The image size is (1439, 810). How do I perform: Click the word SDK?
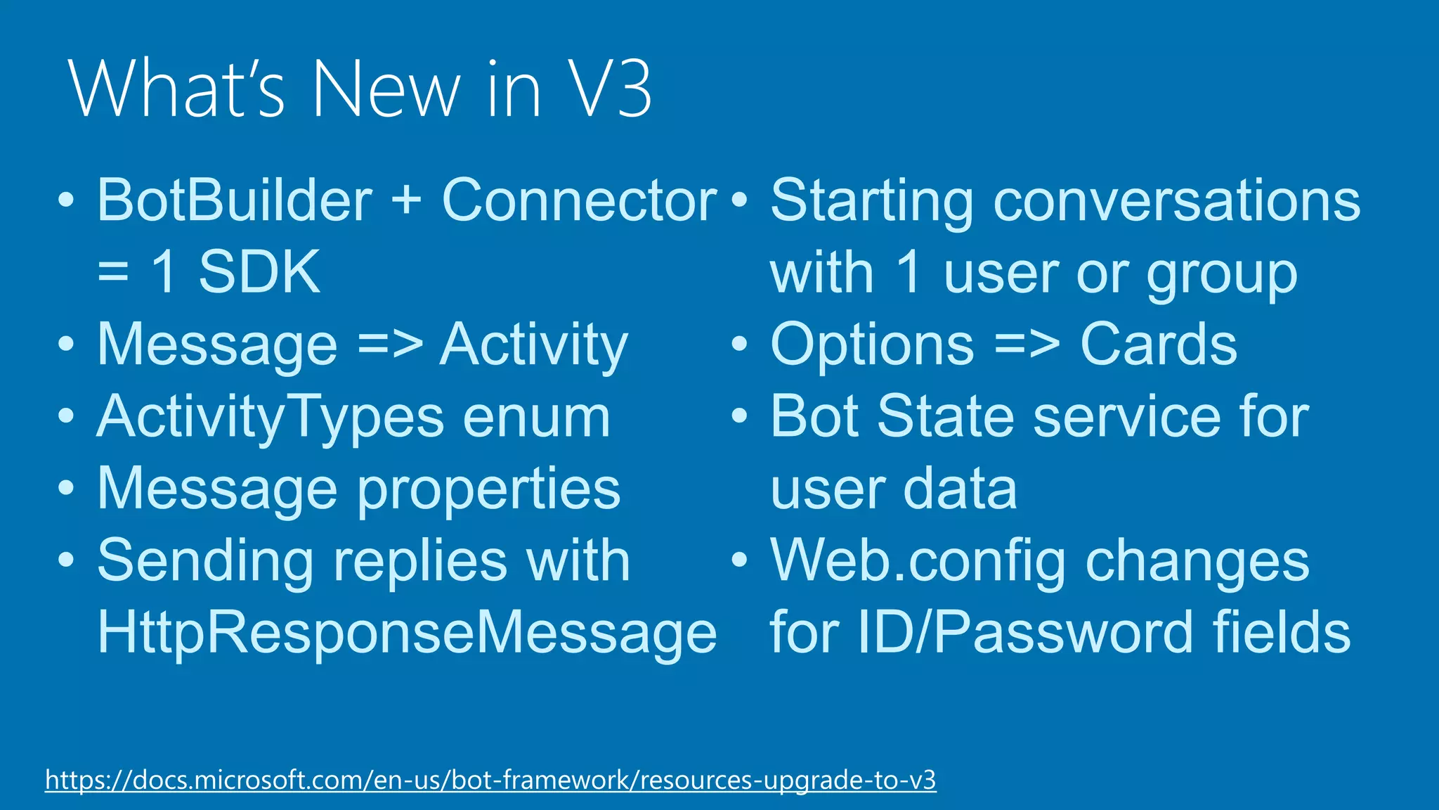[259, 272]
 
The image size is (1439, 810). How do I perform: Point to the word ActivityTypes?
[271, 417]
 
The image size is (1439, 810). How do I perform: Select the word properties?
[489, 490]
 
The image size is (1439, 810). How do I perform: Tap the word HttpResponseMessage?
[407, 632]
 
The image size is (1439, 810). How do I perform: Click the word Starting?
[872, 202]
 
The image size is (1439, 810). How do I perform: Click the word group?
[1222, 274]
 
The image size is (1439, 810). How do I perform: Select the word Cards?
[1159, 345]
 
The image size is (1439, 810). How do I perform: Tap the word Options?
[872, 345]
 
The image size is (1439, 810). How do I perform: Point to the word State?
[946, 417]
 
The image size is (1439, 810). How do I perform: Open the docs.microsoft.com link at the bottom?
[490, 780]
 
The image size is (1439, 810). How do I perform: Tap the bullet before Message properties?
[66, 487]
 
